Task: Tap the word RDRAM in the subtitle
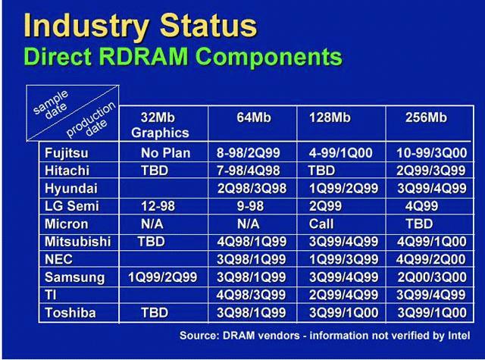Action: pyautogui.click(x=145, y=57)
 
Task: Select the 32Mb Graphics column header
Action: pyautogui.click(x=160, y=125)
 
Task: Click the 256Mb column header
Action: pyautogui.click(x=426, y=117)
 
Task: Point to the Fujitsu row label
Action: pyautogui.click(x=67, y=153)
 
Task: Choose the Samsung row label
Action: pyautogui.click(x=75, y=277)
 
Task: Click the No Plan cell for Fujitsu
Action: pyautogui.click(x=165, y=153)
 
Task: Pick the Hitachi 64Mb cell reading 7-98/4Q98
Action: pyautogui.click(x=249, y=171)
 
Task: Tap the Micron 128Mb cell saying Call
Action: pyautogui.click(x=321, y=224)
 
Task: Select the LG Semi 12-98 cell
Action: pyautogui.click(x=158, y=206)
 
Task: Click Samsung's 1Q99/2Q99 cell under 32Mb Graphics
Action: pyautogui.click(x=162, y=277)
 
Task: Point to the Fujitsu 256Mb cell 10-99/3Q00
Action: pyautogui.click(x=432, y=153)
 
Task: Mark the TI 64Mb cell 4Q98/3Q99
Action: pyautogui.click(x=251, y=295)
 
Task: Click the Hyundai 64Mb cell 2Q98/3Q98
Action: pyautogui.click(x=252, y=189)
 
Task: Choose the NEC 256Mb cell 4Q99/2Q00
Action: pyautogui.click(x=431, y=259)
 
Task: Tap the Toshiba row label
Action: pyautogui.click(x=70, y=313)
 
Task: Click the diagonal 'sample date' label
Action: pyautogui.click(x=52, y=105)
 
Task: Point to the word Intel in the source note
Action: pyautogui.click(x=459, y=335)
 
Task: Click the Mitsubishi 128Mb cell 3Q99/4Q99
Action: pyautogui.click(x=343, y=242)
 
